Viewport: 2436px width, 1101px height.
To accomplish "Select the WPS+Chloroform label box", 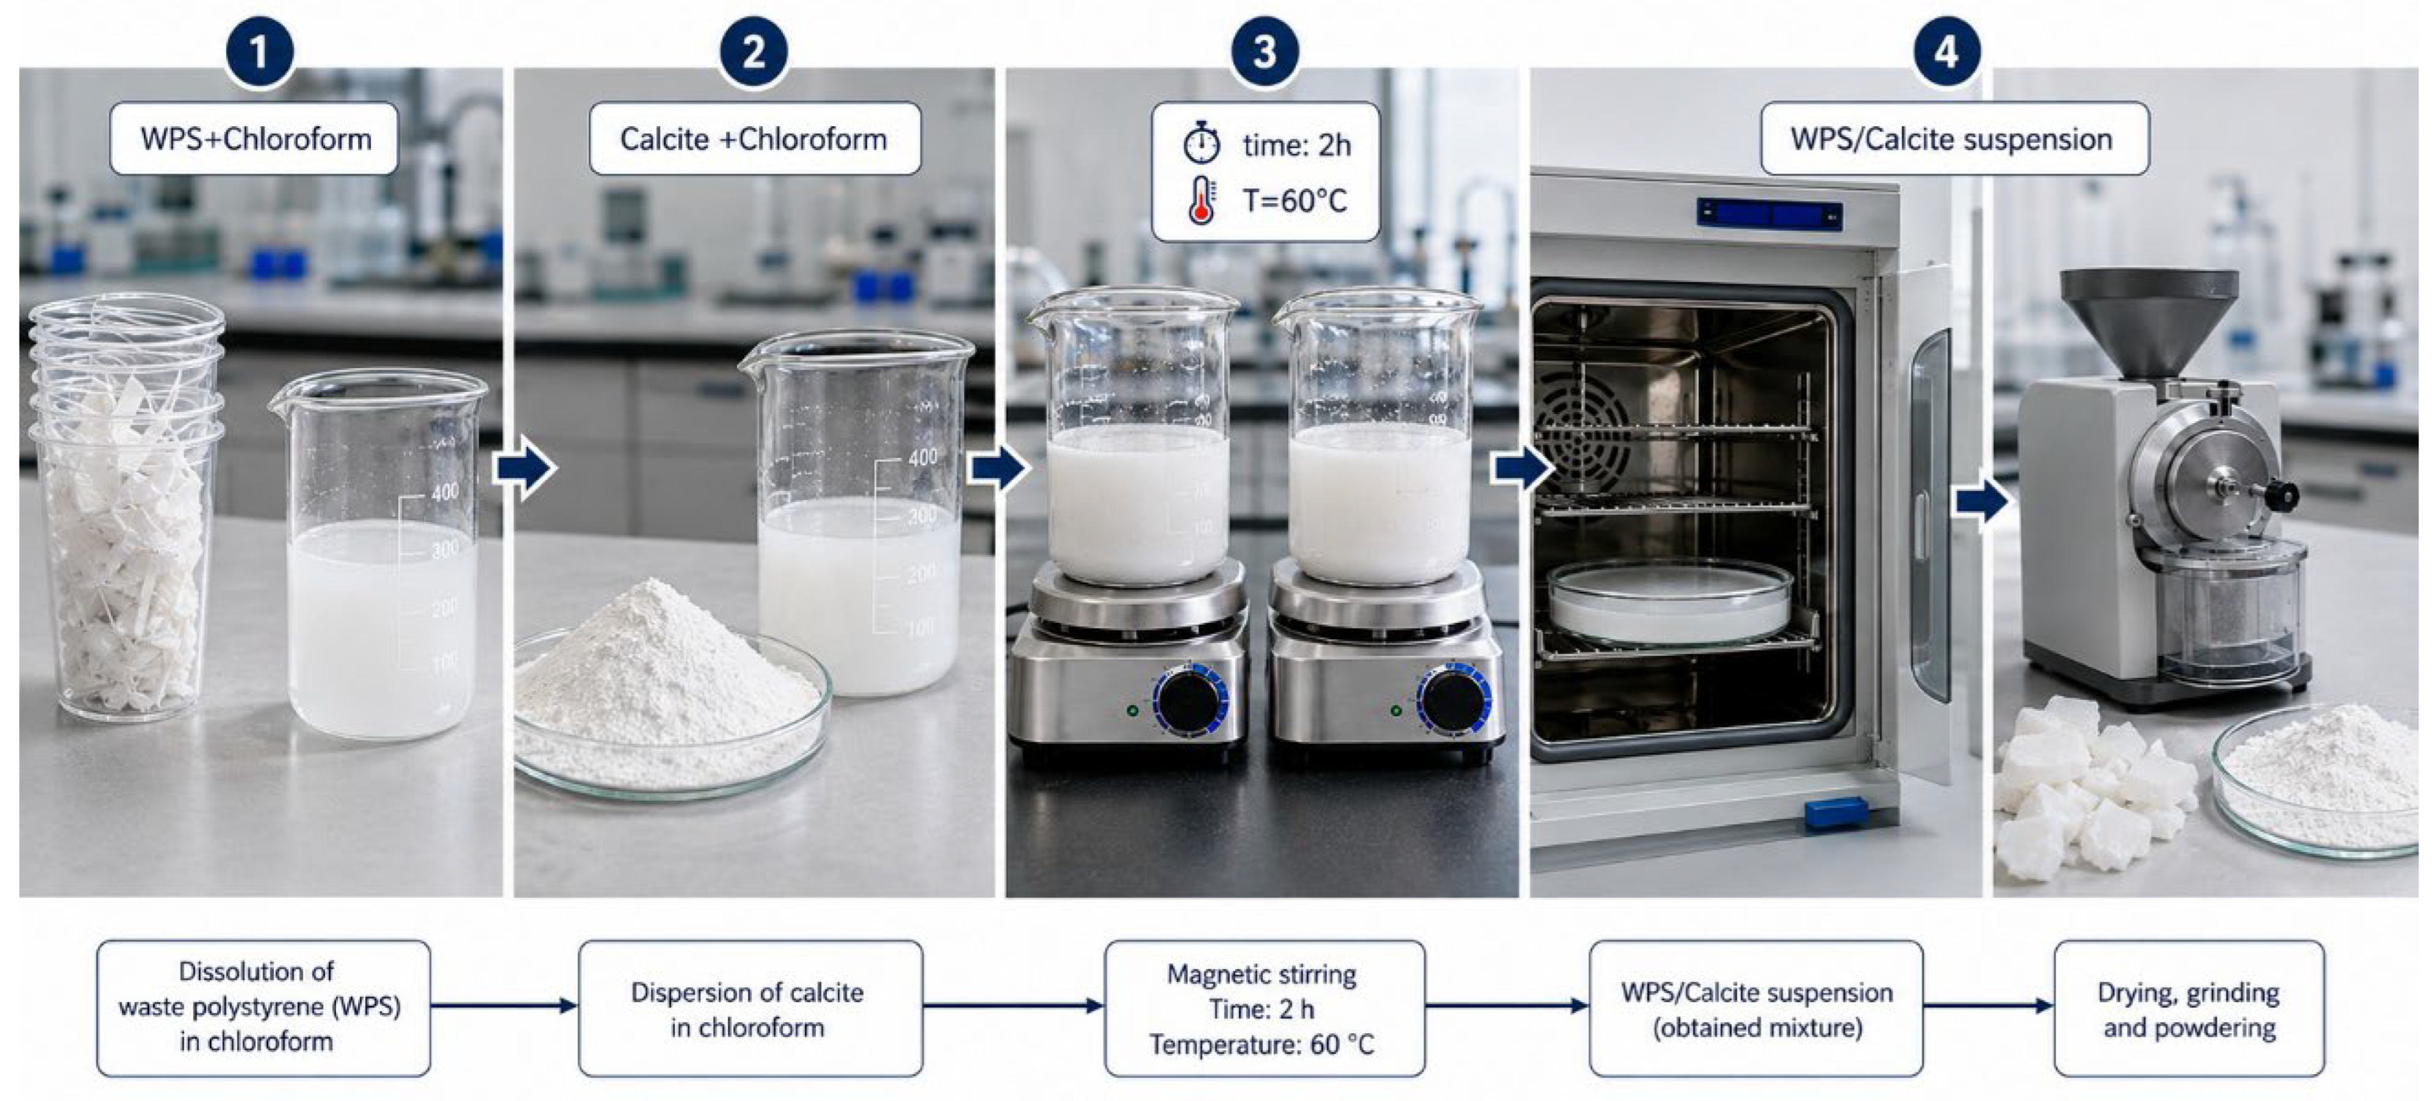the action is (255, 139).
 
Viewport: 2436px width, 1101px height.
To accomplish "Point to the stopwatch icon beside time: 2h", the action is (1202, 144).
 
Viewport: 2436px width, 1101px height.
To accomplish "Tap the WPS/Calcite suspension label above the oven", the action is (1954, 139).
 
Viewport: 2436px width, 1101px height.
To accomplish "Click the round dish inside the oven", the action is (1670, 601).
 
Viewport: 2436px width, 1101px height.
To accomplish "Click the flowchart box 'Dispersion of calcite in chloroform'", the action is (750, 1009).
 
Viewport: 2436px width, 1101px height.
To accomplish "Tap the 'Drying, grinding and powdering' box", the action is (2189, 1009).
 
